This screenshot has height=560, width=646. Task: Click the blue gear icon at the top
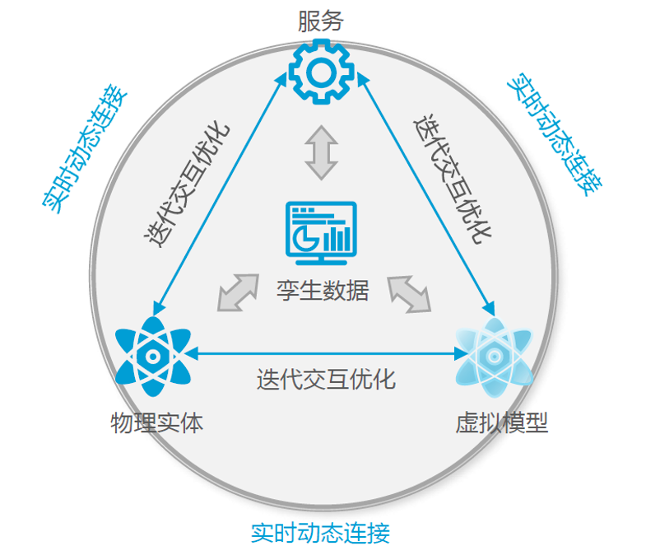click(x=321, y=72)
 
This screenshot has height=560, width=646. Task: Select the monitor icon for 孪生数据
click(x=321, y=232)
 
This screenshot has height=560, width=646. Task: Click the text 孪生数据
click(x=323, y=290)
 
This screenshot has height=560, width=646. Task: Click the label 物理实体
click(x=156, y=423)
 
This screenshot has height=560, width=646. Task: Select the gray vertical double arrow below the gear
click(x=321, y=152)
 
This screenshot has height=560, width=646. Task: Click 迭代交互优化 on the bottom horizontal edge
click(x=326, y=379)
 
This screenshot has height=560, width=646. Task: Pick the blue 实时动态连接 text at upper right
click(x=555, y=136)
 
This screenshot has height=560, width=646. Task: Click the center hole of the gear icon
click(x=321, y=72)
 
